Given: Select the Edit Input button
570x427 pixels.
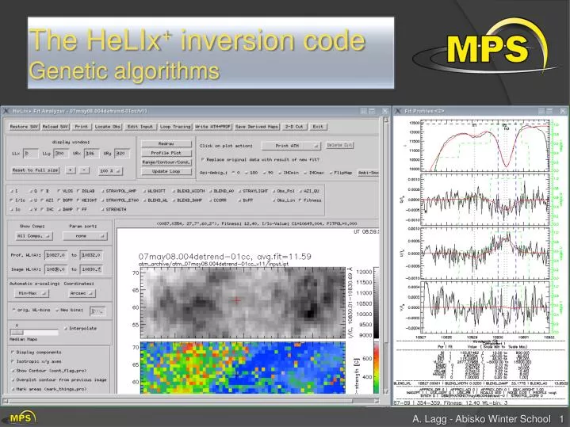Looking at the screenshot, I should pyautogui.click(x=140, y=126).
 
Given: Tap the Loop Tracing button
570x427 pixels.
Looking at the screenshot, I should pyautogui.click(x=175, y=126).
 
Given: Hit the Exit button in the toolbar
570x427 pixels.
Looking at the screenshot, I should pyautogui.click(x=318, y=126).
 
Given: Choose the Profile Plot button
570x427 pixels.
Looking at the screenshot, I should pyautogui.click(x=166, y=152).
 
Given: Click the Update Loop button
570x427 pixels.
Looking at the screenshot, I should pyautogui.click(x=166, y=171).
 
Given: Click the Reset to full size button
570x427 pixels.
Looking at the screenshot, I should pyautogui.click(x=35, y=170).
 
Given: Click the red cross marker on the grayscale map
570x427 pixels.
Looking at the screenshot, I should pyautogui.click(x=235, y=299).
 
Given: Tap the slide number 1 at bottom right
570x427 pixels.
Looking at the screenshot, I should pyautogui.click(x=561, y=418).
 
